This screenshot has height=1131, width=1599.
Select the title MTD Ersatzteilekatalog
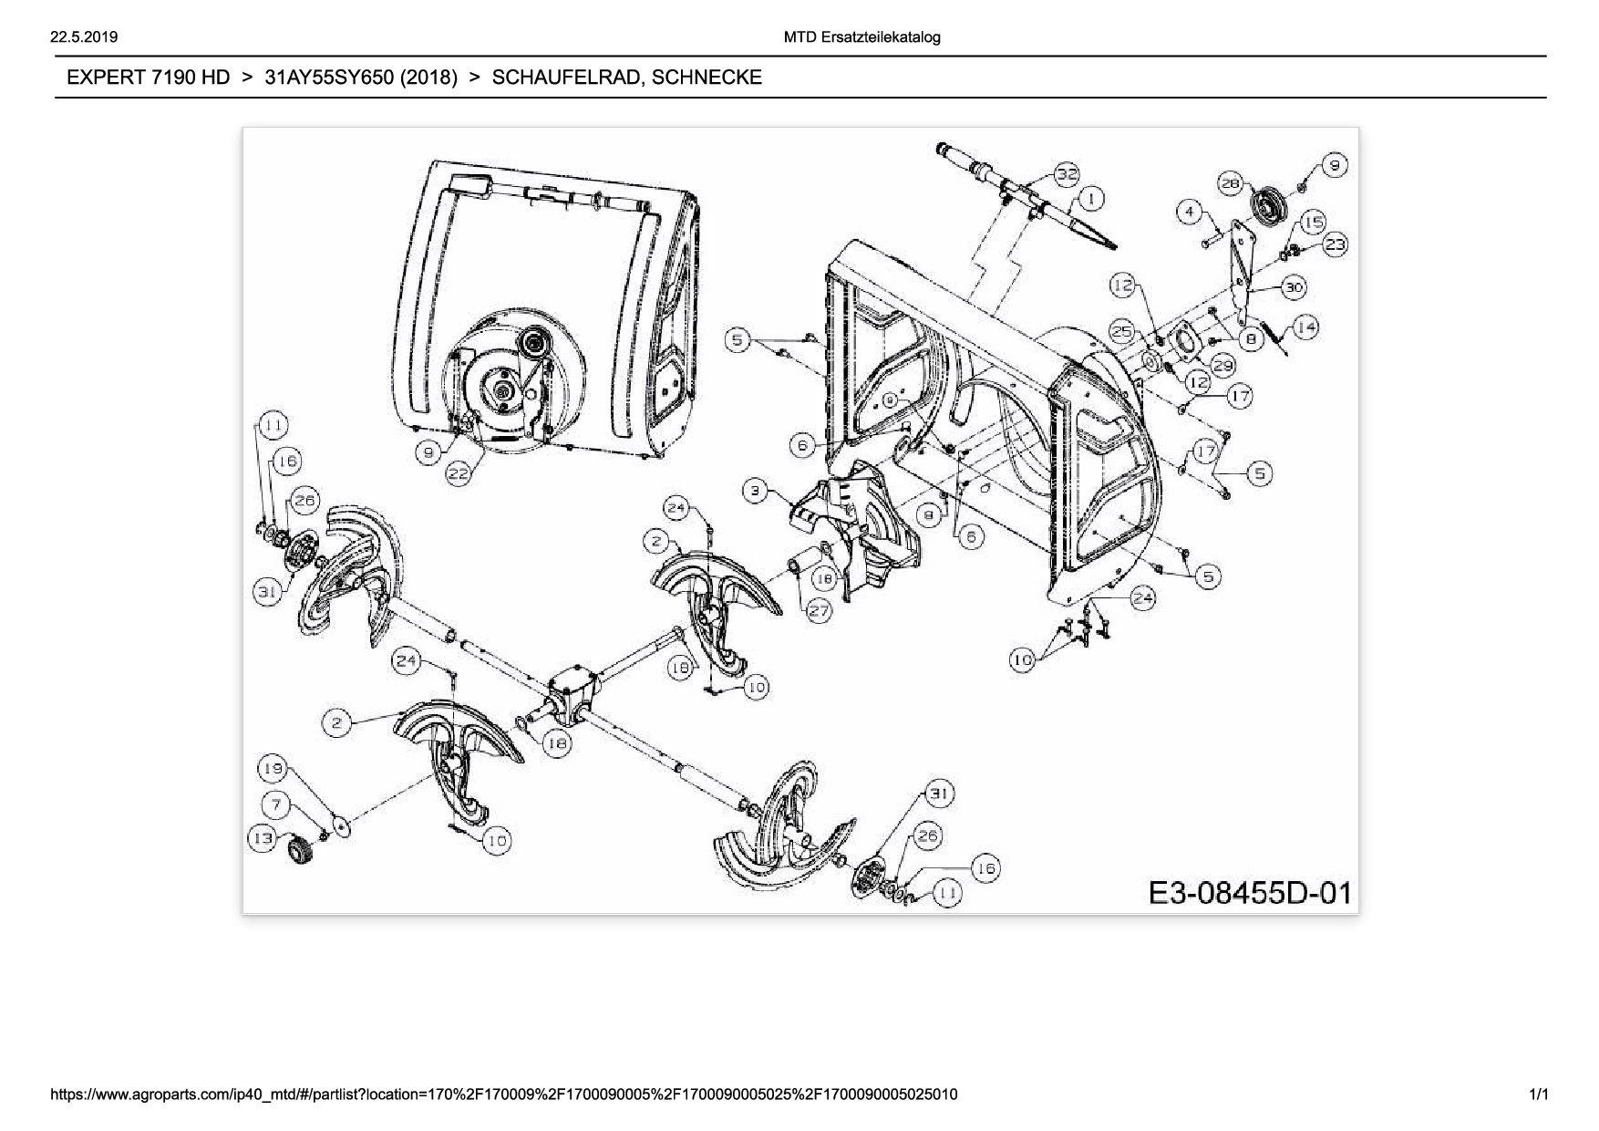[861, 37]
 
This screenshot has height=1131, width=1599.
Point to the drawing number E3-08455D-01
[1250, 892]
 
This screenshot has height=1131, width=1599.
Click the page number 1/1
[1540, 1094]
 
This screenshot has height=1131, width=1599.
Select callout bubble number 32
[1067, 174]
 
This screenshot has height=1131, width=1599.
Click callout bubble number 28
[1231, 183]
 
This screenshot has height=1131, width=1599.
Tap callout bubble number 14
[1306, 327]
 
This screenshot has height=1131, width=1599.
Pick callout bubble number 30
[1294, 287]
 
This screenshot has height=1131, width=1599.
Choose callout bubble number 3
[755, 492]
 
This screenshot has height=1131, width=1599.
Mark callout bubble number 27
[819, 611]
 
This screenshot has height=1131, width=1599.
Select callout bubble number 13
[263, 838]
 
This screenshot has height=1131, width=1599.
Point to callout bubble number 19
[273, 768]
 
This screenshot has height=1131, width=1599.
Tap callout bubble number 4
[1189, 212]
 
